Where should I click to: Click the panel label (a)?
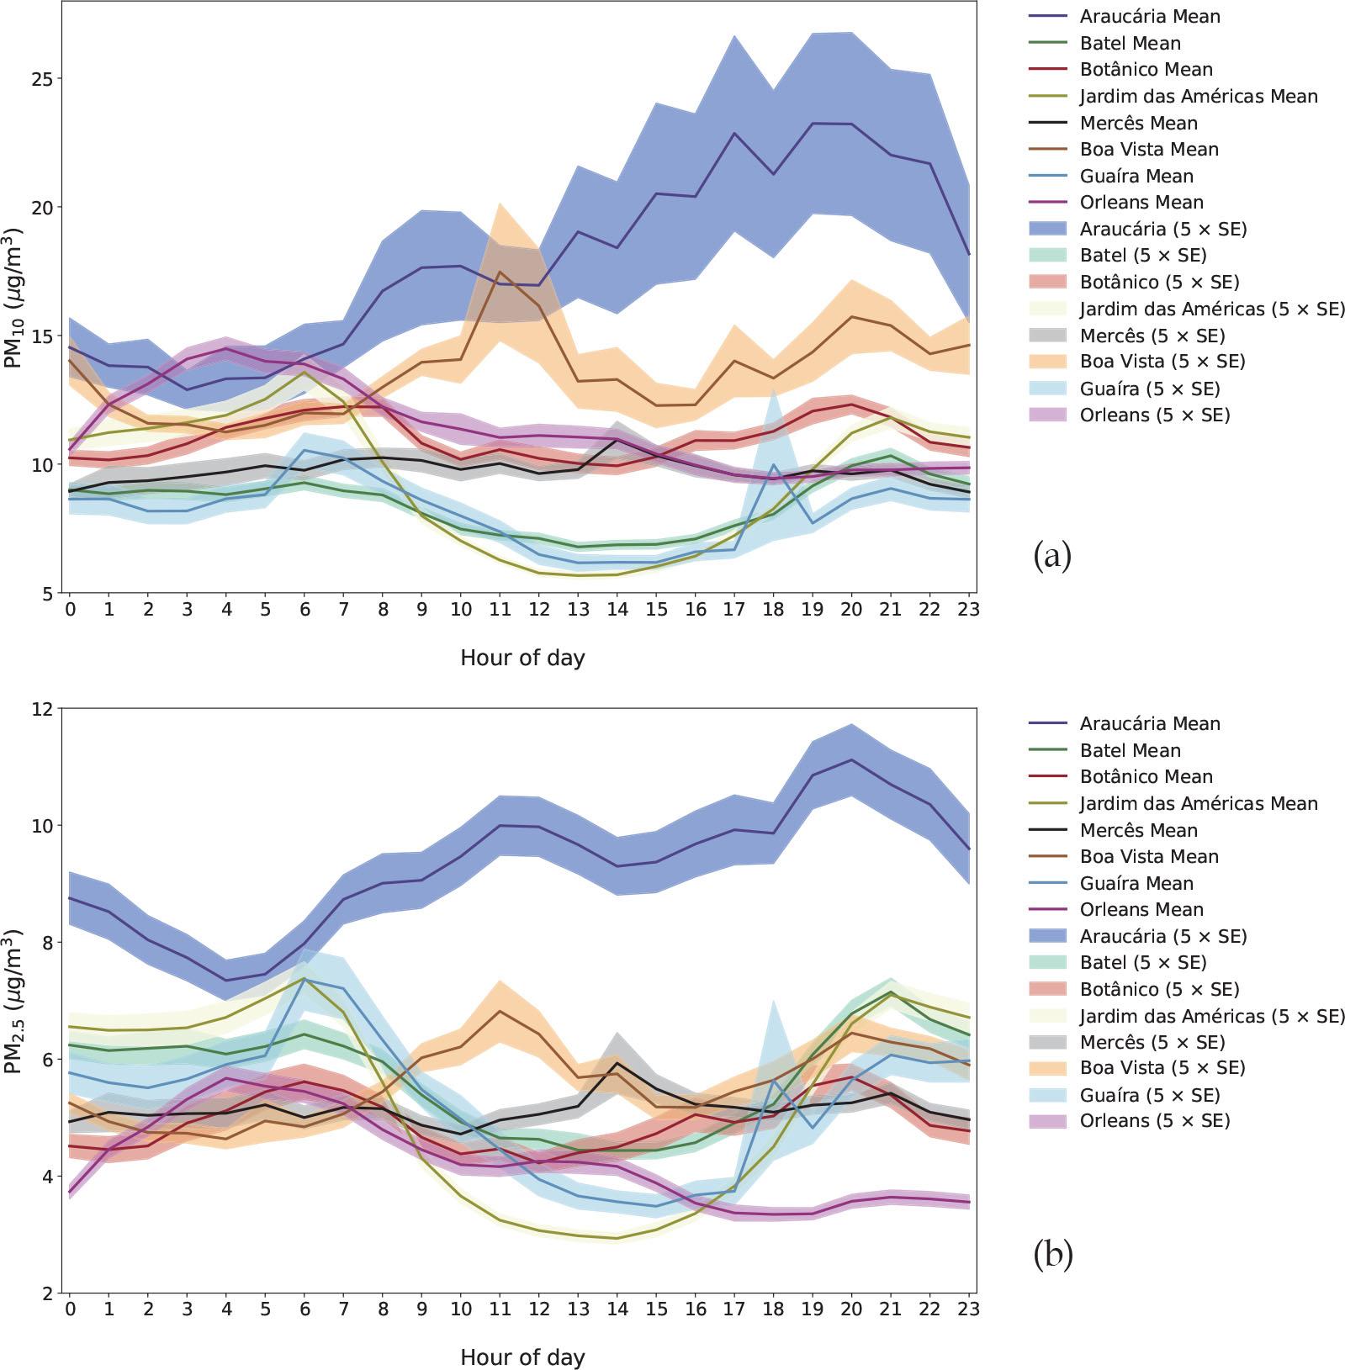1051,557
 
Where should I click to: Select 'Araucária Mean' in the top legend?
1137,17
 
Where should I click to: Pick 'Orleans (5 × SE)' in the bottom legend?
1154,1121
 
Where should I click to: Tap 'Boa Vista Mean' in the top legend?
1148,150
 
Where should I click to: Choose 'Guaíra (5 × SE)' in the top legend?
1149,389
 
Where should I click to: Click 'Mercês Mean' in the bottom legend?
1138,831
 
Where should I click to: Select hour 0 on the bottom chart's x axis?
70,1309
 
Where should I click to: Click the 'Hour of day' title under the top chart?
522,659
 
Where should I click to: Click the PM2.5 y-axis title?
15,1000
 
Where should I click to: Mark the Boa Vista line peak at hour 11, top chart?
500,272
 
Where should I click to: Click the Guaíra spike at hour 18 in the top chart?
773,464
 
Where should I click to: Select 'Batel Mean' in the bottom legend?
1130,751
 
